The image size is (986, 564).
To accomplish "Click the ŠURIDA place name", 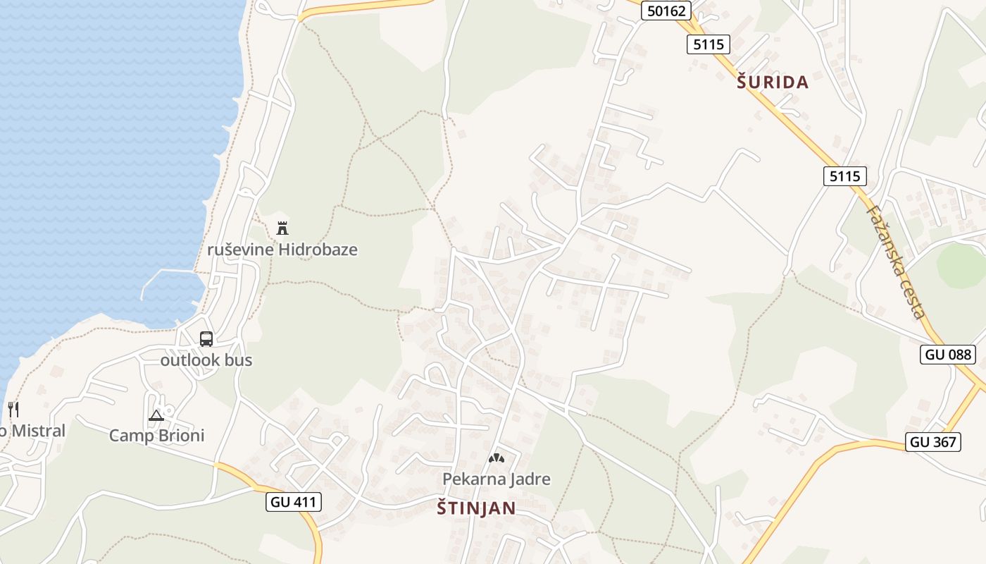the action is click(x=773, y=82).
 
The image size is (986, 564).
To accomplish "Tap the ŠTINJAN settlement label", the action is click(x=476, y=508).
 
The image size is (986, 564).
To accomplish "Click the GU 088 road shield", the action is click(x=948, y=355).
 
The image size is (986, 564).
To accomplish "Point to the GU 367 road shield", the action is click(x=932, y=442).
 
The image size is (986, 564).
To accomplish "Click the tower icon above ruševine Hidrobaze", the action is click(x=282, y=228).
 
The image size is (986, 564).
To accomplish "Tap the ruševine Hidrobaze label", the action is click(x=282, y=250).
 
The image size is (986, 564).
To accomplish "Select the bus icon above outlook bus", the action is click(x=206, y=339).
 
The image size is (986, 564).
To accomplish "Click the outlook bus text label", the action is click(x=206, y=360).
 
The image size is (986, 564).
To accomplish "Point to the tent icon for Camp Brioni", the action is click(x=156, y=415).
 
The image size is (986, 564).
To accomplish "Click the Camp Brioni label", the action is click(x=156, y=436).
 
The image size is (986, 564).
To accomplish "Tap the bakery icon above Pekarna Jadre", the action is click(x=497, y=458).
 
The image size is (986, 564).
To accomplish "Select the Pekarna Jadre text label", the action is click(x=497, y=479).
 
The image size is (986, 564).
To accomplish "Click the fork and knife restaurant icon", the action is click(x=13, y=409).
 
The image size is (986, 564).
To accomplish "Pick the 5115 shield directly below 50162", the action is click(x=708, y=44).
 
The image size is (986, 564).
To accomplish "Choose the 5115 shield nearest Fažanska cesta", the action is click(x=844, y=176).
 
